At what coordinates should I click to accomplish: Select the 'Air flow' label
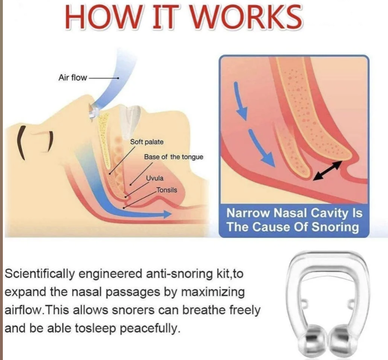click(73, 78)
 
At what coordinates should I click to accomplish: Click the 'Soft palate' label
click(147, 142)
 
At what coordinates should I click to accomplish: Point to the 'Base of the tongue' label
click(173, 157)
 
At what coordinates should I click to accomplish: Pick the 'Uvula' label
click(155, 178)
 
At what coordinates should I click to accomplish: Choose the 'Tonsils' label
click(167, 190)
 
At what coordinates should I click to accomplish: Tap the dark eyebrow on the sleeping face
click(21, 142)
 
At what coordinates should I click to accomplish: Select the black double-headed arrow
click(328, 171)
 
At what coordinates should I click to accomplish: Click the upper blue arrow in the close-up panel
click(240, 100)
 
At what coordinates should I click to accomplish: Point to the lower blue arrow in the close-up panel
click(262, 148)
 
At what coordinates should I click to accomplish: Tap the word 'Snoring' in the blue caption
click(335, 227)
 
